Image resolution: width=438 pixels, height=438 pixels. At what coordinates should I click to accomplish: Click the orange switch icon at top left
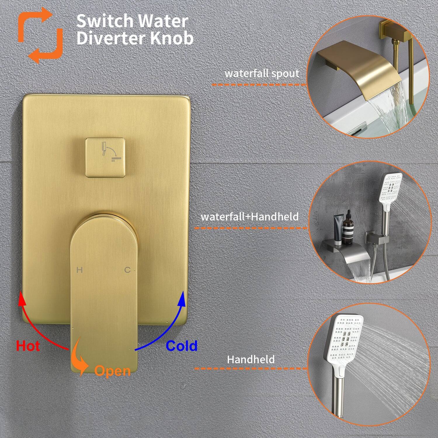pyautogui.click(x=40, y=35)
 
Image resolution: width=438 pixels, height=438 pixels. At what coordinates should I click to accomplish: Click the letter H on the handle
pyautogui.click(x=79, y=270)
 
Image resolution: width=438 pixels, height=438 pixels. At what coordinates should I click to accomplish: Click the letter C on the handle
pyautogui.click(x=127, y=270)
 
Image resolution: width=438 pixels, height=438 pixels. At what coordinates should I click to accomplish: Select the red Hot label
pyautogui.click(x=28, y=346)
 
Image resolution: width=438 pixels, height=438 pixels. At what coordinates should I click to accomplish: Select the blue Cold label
pyautogui.click(x=181, y=346)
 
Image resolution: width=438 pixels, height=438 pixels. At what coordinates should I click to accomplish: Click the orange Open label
pyautogui.click(x=112, y=371)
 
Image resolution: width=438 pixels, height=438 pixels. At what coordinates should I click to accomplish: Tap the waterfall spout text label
pyautogui.click(x=262, y=73)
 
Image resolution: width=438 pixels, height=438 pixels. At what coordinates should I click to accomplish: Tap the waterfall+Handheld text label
pyautogui.click(x=250, y=217)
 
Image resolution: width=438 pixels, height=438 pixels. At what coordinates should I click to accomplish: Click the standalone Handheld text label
pyautogui.click(x=251, y=359)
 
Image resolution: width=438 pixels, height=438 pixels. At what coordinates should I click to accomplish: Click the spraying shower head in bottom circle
pyautogui.click(x=345, y=345)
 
